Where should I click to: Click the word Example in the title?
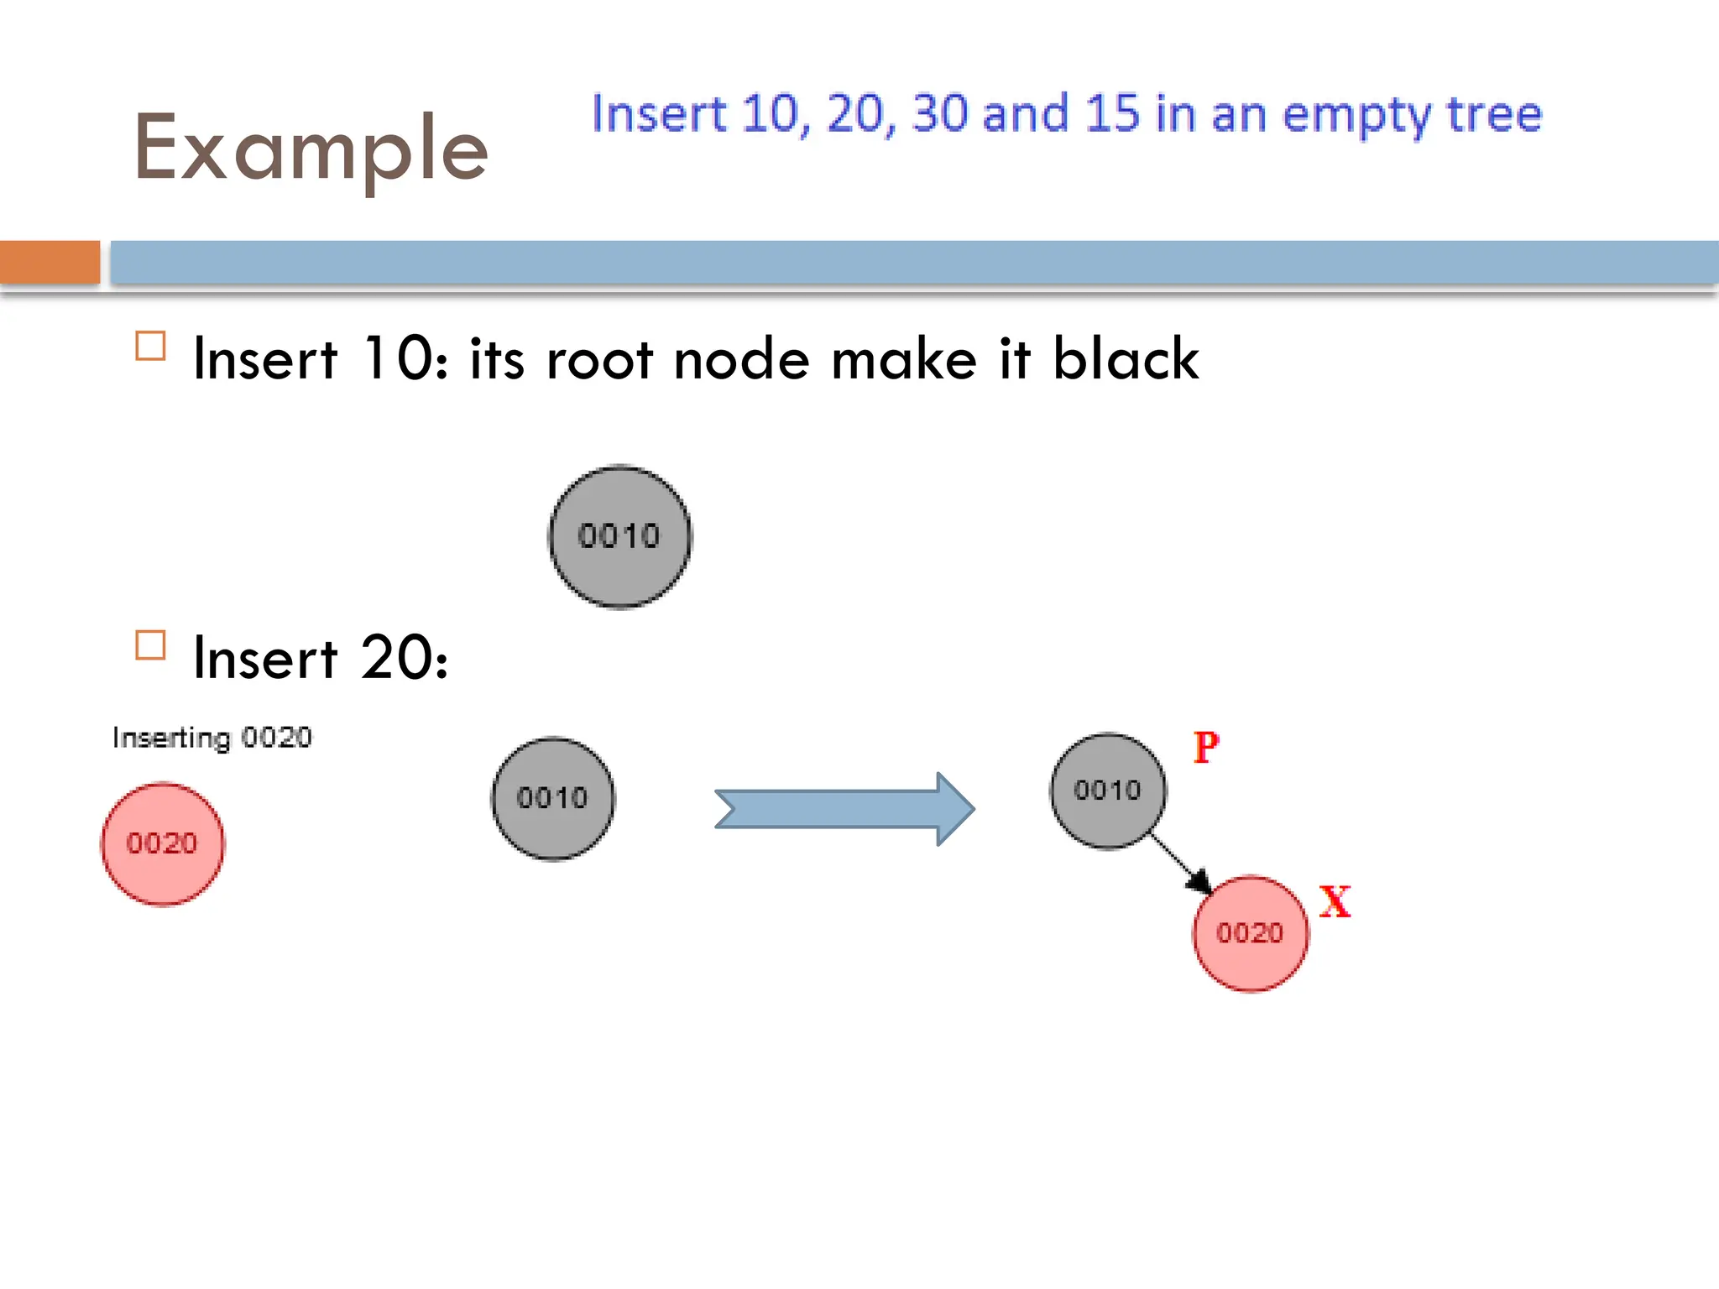pos(311,149)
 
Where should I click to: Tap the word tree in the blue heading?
pos(1494,115)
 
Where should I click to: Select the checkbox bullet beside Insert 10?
pos(150,346)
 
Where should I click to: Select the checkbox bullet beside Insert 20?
pos(150,645)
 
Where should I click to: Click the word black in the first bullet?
pos(1125,359)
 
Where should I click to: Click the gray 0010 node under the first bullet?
pos(620,536)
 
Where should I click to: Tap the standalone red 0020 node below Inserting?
pos(163,843)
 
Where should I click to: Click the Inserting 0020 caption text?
pos(212,738)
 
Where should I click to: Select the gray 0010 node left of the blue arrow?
pos(552,798)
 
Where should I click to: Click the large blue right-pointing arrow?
pos(844,809)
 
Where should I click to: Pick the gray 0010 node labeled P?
pos(1108,791)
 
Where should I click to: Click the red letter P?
pos(1206,747)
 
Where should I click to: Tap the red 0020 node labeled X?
pos(1251,933)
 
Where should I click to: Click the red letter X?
pos(1335,902)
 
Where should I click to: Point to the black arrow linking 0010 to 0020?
pos(1180,863)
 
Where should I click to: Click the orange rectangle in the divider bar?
pos(50,262)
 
